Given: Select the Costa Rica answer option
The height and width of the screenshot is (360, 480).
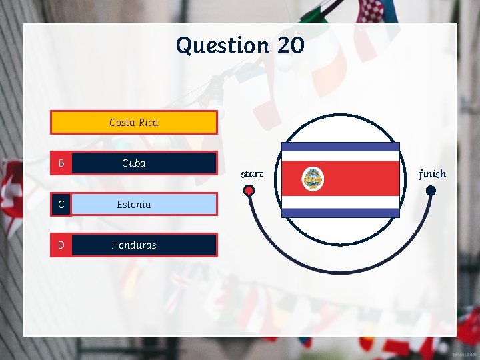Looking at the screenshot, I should (x=134, y=123).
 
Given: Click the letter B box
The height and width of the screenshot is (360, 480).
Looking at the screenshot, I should (x=61, y=163).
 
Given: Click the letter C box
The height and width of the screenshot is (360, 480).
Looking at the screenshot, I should (x=61, y=205).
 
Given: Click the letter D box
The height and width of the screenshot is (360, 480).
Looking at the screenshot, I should (x=61, y=245).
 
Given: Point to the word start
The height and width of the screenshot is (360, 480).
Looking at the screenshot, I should (x=252, y=174).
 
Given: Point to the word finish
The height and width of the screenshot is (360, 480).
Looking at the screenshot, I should (x=432, y=174).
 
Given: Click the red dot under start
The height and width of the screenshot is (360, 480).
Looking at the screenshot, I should (x=249, y=191).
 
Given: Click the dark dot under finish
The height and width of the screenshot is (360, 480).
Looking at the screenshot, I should (x=431, y=191).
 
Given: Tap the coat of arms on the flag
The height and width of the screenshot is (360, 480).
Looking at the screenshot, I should (x=313, y=179).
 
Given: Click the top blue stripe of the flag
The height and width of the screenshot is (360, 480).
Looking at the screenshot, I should (x=341, y=147).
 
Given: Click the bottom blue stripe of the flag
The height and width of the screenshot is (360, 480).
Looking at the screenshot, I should (x=341, y=213).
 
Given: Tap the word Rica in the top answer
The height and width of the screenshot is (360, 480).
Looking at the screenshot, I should (x=148, y=123).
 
